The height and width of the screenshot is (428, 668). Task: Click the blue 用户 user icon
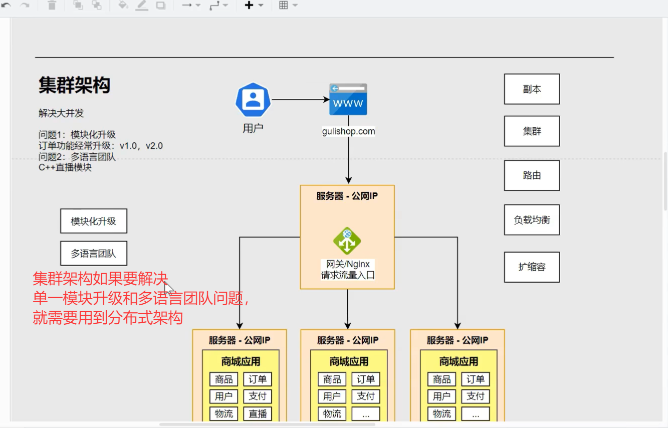tap(253, 100)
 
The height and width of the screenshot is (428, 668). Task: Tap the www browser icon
tap(348, 99)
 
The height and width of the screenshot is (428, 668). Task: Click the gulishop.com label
tap(348, 131)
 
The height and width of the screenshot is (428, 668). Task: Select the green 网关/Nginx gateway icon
tap(347, 241)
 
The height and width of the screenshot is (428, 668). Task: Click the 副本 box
tap(532, 89)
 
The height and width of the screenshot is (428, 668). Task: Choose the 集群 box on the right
tap(532, 131)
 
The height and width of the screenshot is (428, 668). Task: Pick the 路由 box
tap(532, 175)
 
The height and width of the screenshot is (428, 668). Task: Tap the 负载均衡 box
tap(532, 220)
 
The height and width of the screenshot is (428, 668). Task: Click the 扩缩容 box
tap(532, 267)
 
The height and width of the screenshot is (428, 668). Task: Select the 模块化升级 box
tap(94, 221)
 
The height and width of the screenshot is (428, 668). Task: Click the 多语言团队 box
tap(94, 254)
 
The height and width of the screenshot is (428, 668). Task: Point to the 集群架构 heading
tap(74, 86)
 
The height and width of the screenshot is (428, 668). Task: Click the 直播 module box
tap(258, 413)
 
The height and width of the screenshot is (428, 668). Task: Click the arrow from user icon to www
tap(300, 99)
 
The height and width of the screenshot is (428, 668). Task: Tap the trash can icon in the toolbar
tap(52, 6)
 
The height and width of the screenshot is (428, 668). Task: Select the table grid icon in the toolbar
tap(284, 6)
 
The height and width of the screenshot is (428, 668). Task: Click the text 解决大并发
tap(61, 113)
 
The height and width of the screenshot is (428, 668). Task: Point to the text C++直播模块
tap(65, 167)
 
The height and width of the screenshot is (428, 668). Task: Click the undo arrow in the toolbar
tap(7, 6)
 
